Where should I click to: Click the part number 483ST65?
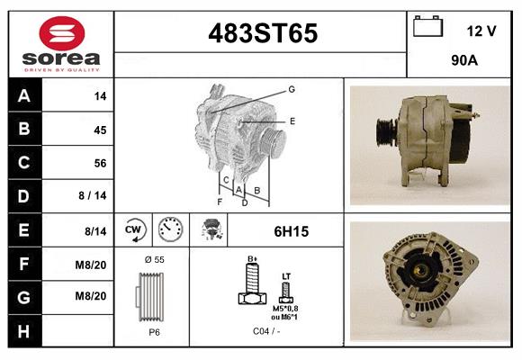coord(263,33)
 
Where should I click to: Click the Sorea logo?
coord(61,43)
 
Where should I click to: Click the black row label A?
coord(24,96)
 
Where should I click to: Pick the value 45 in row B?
coord(100,130)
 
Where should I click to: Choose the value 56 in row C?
coord(100,163)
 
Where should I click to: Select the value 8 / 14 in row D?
coord(93,196)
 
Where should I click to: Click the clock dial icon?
coord(169,229)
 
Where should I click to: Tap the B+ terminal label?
coord(253,259)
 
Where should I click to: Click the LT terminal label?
coord(286,275)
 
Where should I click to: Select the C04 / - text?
coord(267,331)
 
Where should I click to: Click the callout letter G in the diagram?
coord(292,89)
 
